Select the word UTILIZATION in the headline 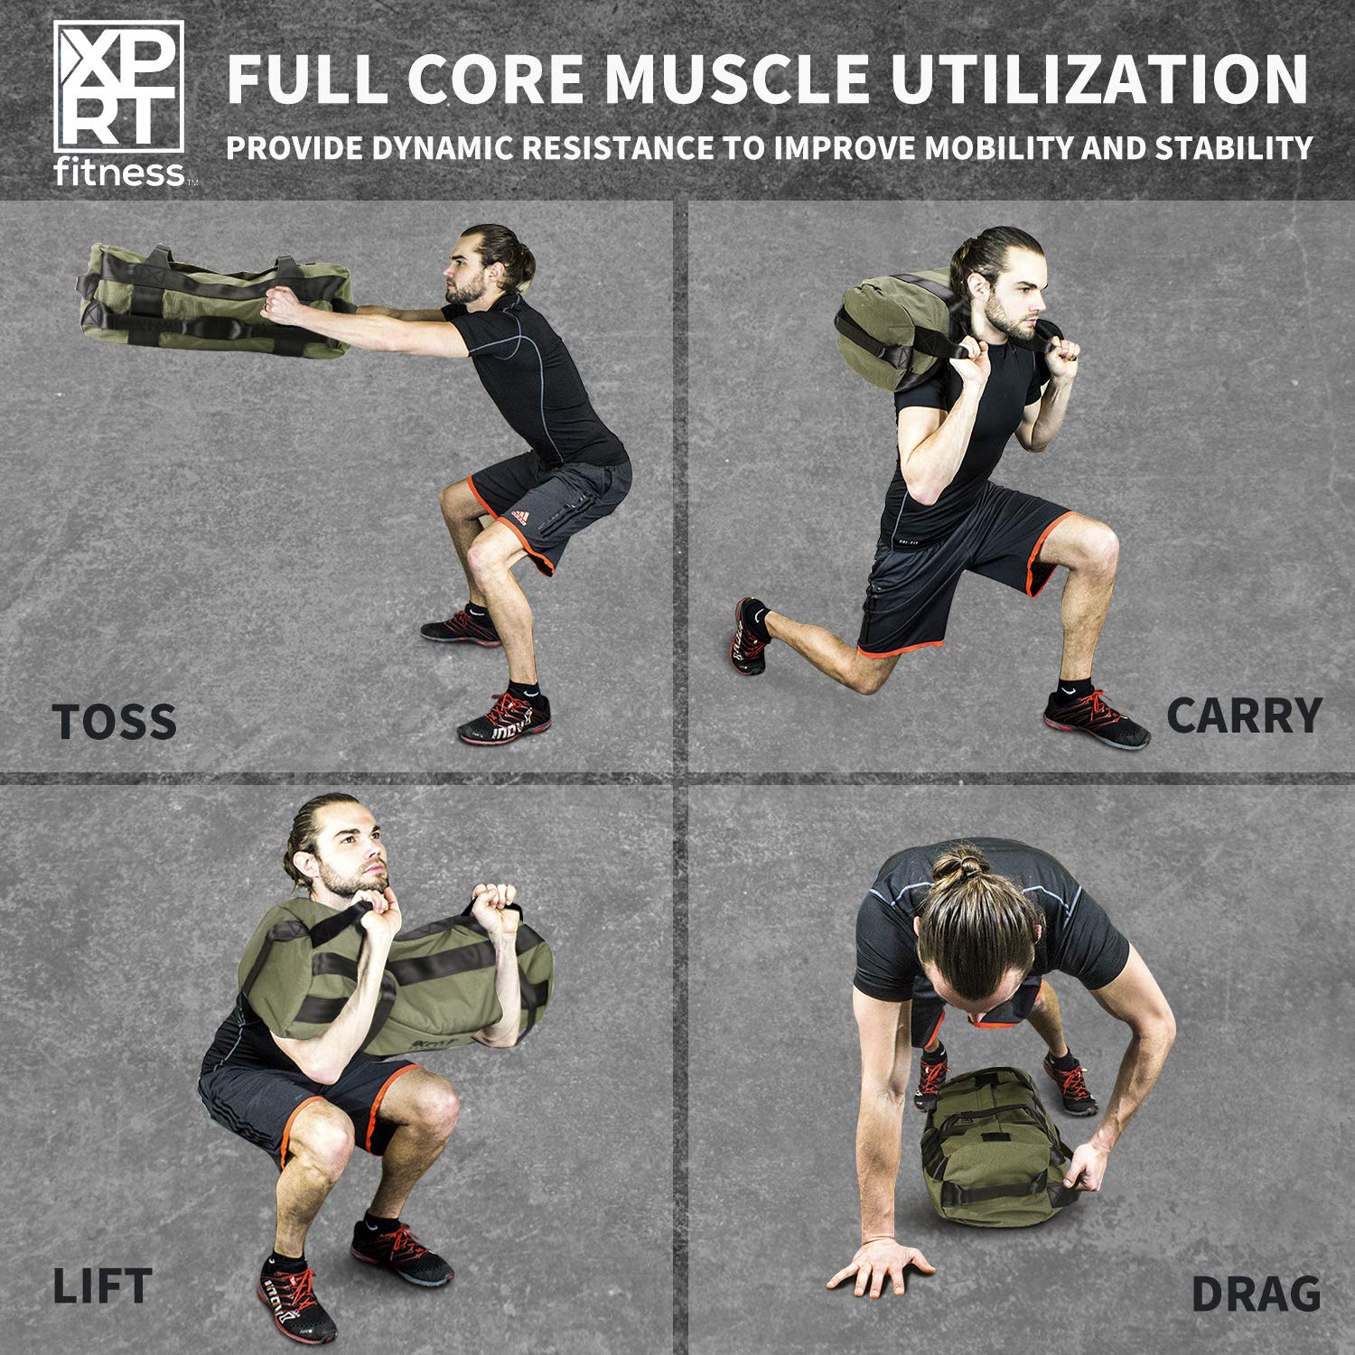coord(1099,79)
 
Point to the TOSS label coord(114,722)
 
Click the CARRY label coord(1243,716)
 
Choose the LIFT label coord(101,1286)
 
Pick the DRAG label coord(1255,1294)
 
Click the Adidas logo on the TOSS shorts coord(519,516)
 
